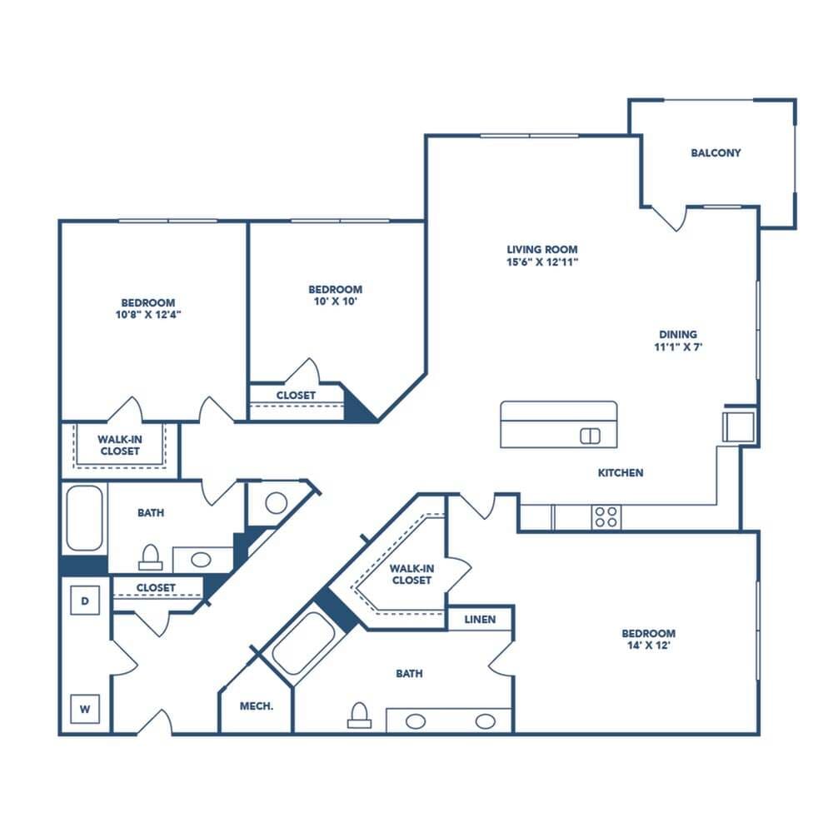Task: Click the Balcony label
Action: coord(716,153)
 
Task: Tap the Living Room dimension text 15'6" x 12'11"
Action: coord(542,262)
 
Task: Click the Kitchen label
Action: coord(621,473)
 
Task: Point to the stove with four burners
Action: coord(606,516)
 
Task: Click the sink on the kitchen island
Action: coord(590,435)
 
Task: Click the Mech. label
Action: coord(257,706)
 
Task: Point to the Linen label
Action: coord(480,619)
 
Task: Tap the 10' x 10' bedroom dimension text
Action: coord(335,302)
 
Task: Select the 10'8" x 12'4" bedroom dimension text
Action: coord(147,315)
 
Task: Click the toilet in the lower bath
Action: coord(359,716)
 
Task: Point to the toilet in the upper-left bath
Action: coord(151,555)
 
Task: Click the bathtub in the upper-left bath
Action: coord(84,518)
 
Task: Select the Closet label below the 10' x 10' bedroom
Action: coord(296,395)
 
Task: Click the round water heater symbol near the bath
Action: coord(277,502)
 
